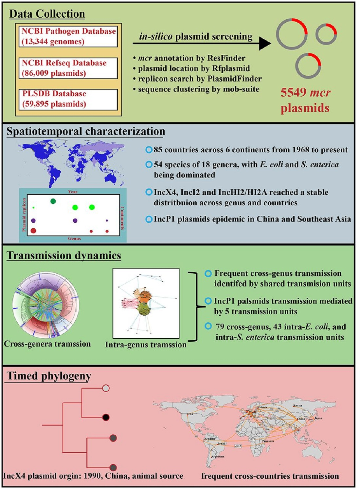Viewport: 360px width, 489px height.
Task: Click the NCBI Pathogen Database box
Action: point(68,36)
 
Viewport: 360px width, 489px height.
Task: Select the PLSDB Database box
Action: point(68,99)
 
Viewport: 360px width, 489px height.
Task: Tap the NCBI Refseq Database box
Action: point(68,68)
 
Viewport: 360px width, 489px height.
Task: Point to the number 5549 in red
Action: point(293,93)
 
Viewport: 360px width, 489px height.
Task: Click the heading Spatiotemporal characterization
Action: point(86,131)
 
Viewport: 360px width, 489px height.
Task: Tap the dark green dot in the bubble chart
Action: point(53,201)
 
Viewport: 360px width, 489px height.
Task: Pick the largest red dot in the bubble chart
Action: point(33,231)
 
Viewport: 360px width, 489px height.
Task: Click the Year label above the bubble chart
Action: point(73,192)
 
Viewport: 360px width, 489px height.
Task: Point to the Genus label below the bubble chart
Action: point(74,238)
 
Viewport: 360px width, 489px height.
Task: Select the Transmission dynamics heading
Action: point(64,255)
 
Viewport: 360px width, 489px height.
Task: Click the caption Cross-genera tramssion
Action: point(47,344)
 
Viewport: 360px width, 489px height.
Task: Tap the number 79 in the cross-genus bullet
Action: point(220,327)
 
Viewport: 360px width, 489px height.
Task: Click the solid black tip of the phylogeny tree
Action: point(106,417)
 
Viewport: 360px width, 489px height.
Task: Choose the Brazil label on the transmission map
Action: point(222,443)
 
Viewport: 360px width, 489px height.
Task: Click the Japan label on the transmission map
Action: point(318,418)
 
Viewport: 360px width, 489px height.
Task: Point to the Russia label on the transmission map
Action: point(297,405)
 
